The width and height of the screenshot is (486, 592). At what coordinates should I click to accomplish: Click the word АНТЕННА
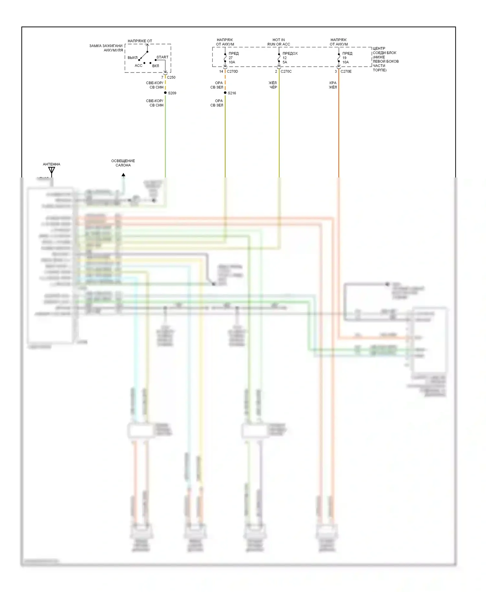(x=52, y=164)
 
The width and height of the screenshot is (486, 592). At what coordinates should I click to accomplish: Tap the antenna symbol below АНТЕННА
(x=52, y=171)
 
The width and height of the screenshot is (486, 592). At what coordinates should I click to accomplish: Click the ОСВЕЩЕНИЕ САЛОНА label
(x=123, y=163)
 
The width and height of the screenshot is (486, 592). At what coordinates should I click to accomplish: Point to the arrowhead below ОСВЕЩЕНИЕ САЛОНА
(x=123, y=175)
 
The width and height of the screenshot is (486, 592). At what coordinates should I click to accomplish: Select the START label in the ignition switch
(x=162, y=57)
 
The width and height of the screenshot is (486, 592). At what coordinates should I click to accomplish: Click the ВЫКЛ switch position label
(x=133, y=58)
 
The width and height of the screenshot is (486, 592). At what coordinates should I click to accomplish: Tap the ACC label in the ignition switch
(x=138, y=65)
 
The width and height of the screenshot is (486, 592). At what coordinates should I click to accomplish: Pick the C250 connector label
(x=171, y=77)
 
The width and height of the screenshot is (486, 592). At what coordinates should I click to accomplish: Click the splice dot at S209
(x=165, y=93)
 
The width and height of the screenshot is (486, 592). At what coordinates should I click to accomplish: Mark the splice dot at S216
(x=225, y=93)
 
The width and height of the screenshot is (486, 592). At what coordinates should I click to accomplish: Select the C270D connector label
(x=232, y=71)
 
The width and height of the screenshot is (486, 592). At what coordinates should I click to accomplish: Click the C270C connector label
(x=286, y=71)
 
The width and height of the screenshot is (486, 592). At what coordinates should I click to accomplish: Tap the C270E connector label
(x=346, y=71)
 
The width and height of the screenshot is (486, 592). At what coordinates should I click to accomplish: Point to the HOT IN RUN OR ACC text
(x=279, y=42)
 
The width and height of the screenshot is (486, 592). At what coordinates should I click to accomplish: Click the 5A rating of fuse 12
(x=285, y=62)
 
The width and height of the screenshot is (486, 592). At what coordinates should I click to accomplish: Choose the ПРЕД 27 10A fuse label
(x=233, y=58)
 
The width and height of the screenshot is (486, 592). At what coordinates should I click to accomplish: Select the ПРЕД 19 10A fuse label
(x=347, y=58)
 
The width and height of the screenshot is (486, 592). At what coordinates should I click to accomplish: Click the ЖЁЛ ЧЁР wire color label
(x=273, y=85)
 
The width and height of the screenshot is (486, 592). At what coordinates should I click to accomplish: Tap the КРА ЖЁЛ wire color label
(x=333, y=85)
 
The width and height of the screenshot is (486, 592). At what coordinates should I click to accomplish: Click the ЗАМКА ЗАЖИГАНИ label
(x=106, y=46)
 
